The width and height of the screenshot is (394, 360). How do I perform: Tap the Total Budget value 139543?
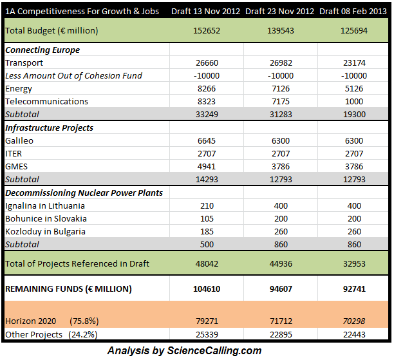[x=279, y=31]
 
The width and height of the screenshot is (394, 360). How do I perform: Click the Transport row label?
[x=24, y=62]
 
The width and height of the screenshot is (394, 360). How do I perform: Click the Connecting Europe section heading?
[x=42, y=50]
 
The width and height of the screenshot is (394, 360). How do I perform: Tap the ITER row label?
[x=15, y=153]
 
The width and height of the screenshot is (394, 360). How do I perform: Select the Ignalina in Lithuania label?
[x=45, y=205]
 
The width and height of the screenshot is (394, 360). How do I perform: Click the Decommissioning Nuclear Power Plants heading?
[x=84, y=193]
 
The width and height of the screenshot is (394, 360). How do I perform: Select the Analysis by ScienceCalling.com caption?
[x=184, y=350]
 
